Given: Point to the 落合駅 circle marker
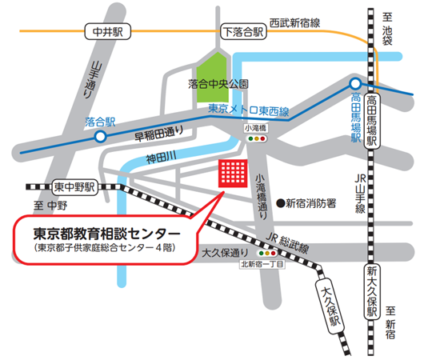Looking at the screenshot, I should click(x=100, y=138).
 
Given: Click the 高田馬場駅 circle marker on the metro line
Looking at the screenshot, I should click(x=355, y=84).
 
